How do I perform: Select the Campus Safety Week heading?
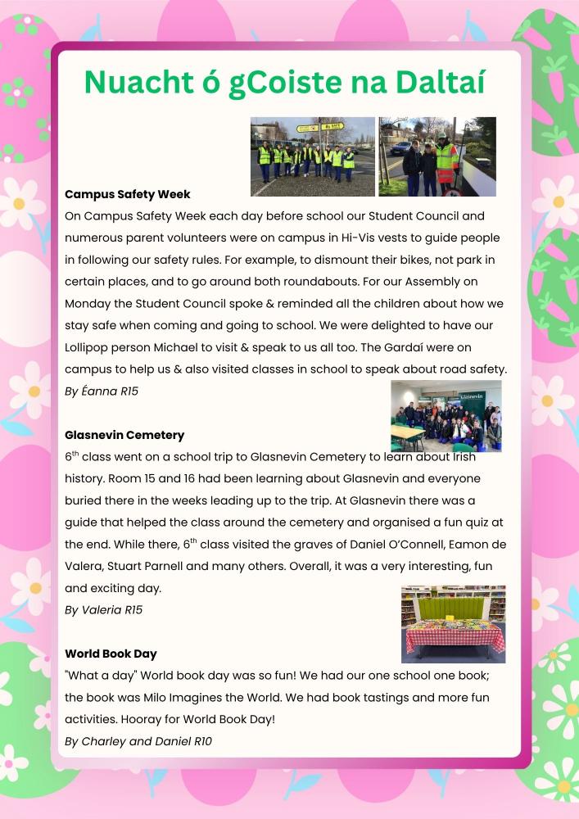tap(127, 195)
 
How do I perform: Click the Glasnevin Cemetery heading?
tap(124, 435)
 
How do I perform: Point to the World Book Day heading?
tap(111, 654)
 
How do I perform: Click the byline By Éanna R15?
tap(102, 391)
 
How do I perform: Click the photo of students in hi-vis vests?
tap(312, 156)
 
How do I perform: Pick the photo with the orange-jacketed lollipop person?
tap(437, 156)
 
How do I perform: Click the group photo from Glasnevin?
tap(446, 415)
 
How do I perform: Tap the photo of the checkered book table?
tap(453, 623)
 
